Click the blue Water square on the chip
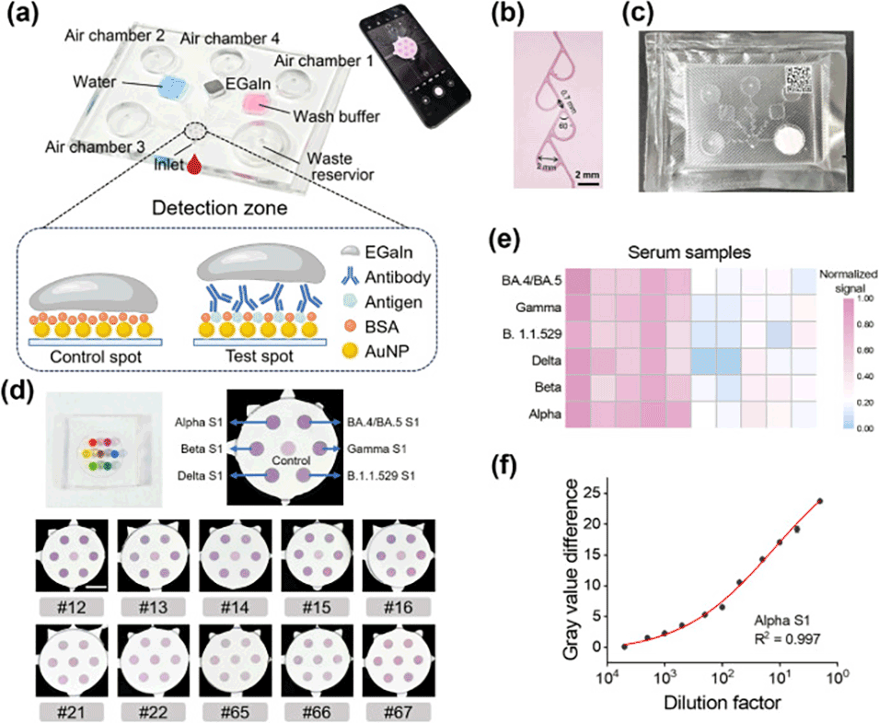pyautogui.click(x=173, y=88)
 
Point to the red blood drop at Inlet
pyautogui.click(x=193, y=165)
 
